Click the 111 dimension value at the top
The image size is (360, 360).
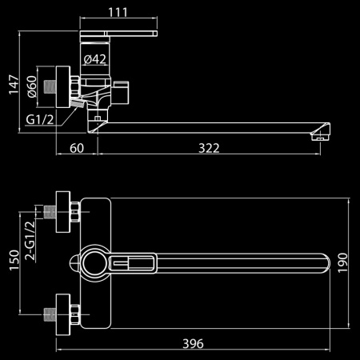click(x=118, y=12)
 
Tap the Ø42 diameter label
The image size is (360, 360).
click(x=95, y=59)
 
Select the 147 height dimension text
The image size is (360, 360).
click(x=14, y=85)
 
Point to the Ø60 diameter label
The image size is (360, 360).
click(x=32, y=86)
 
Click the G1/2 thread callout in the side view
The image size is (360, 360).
click(x=40, y=119)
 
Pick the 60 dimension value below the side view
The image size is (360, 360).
click(x=77, y=148)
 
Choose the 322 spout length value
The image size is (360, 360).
click(x=209, y=148)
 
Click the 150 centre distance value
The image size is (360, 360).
click(x=14, y=260)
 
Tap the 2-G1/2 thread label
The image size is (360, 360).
click(x=30, y=240)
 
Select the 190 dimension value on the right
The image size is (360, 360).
click(x=343, y=263)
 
